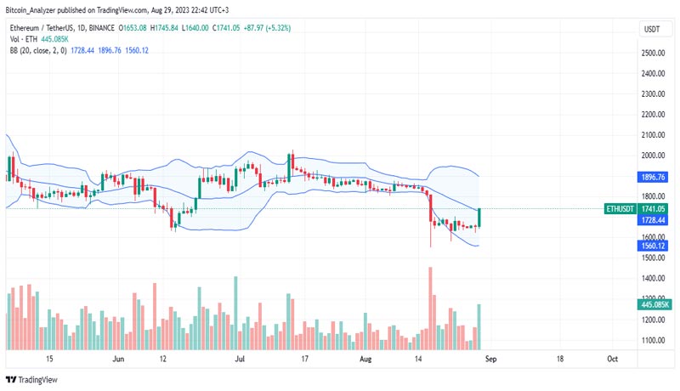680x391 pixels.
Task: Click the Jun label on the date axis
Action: click(119, 360)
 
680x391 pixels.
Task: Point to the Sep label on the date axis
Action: click(489, 360)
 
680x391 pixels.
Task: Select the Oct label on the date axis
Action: click(612, 360)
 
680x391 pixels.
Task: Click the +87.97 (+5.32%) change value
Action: click(269, 28)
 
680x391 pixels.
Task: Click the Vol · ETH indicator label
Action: click(24, 39)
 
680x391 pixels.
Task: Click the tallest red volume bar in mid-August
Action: click(430, 306)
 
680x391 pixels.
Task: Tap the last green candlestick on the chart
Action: click(480, 218)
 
